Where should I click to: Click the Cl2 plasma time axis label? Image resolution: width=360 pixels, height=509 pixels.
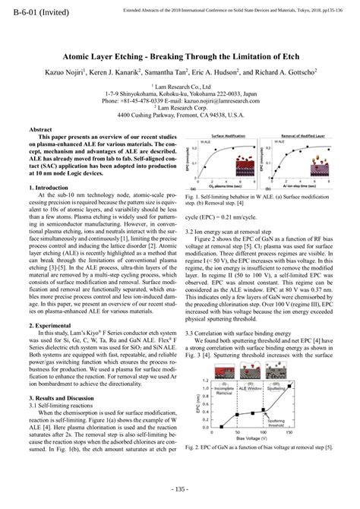(x=230, y=187)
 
